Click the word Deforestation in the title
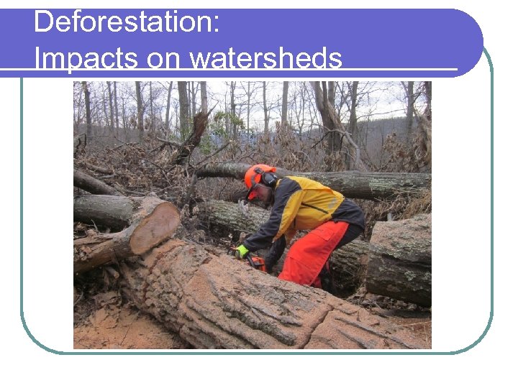(x=122, y=22)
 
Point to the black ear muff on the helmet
(x=269, y=179)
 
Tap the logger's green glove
(x=242, y=251)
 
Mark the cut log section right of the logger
(x=399, y=259)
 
